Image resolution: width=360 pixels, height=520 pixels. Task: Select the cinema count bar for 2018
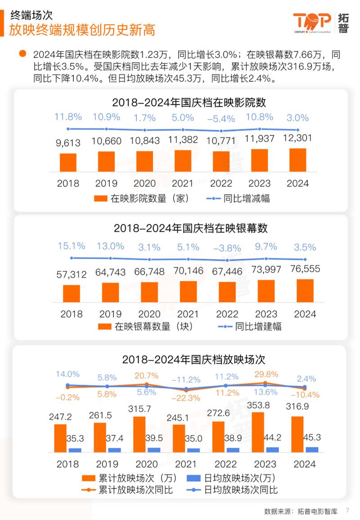point(68,162)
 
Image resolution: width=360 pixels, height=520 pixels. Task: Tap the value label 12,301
point(297,138)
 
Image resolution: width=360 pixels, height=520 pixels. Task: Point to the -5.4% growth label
point(221,119)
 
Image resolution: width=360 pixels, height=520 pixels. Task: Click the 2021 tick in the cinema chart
point(182,183)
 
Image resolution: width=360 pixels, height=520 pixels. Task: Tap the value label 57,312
point(71,273)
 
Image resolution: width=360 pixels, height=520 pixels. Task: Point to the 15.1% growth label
point(71,246)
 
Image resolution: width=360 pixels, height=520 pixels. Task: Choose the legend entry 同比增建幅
point(251,326)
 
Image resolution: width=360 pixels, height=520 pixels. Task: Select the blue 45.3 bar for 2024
point(312,449)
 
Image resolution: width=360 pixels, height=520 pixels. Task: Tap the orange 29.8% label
point(266,374)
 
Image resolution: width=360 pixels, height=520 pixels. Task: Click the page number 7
point(347,510)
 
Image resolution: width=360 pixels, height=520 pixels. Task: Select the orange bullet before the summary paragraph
point(22,54)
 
